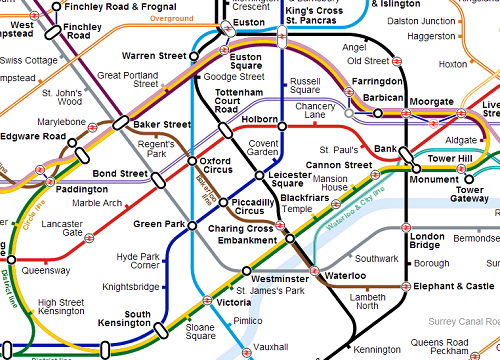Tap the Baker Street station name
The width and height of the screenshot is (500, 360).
click(162, 124)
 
